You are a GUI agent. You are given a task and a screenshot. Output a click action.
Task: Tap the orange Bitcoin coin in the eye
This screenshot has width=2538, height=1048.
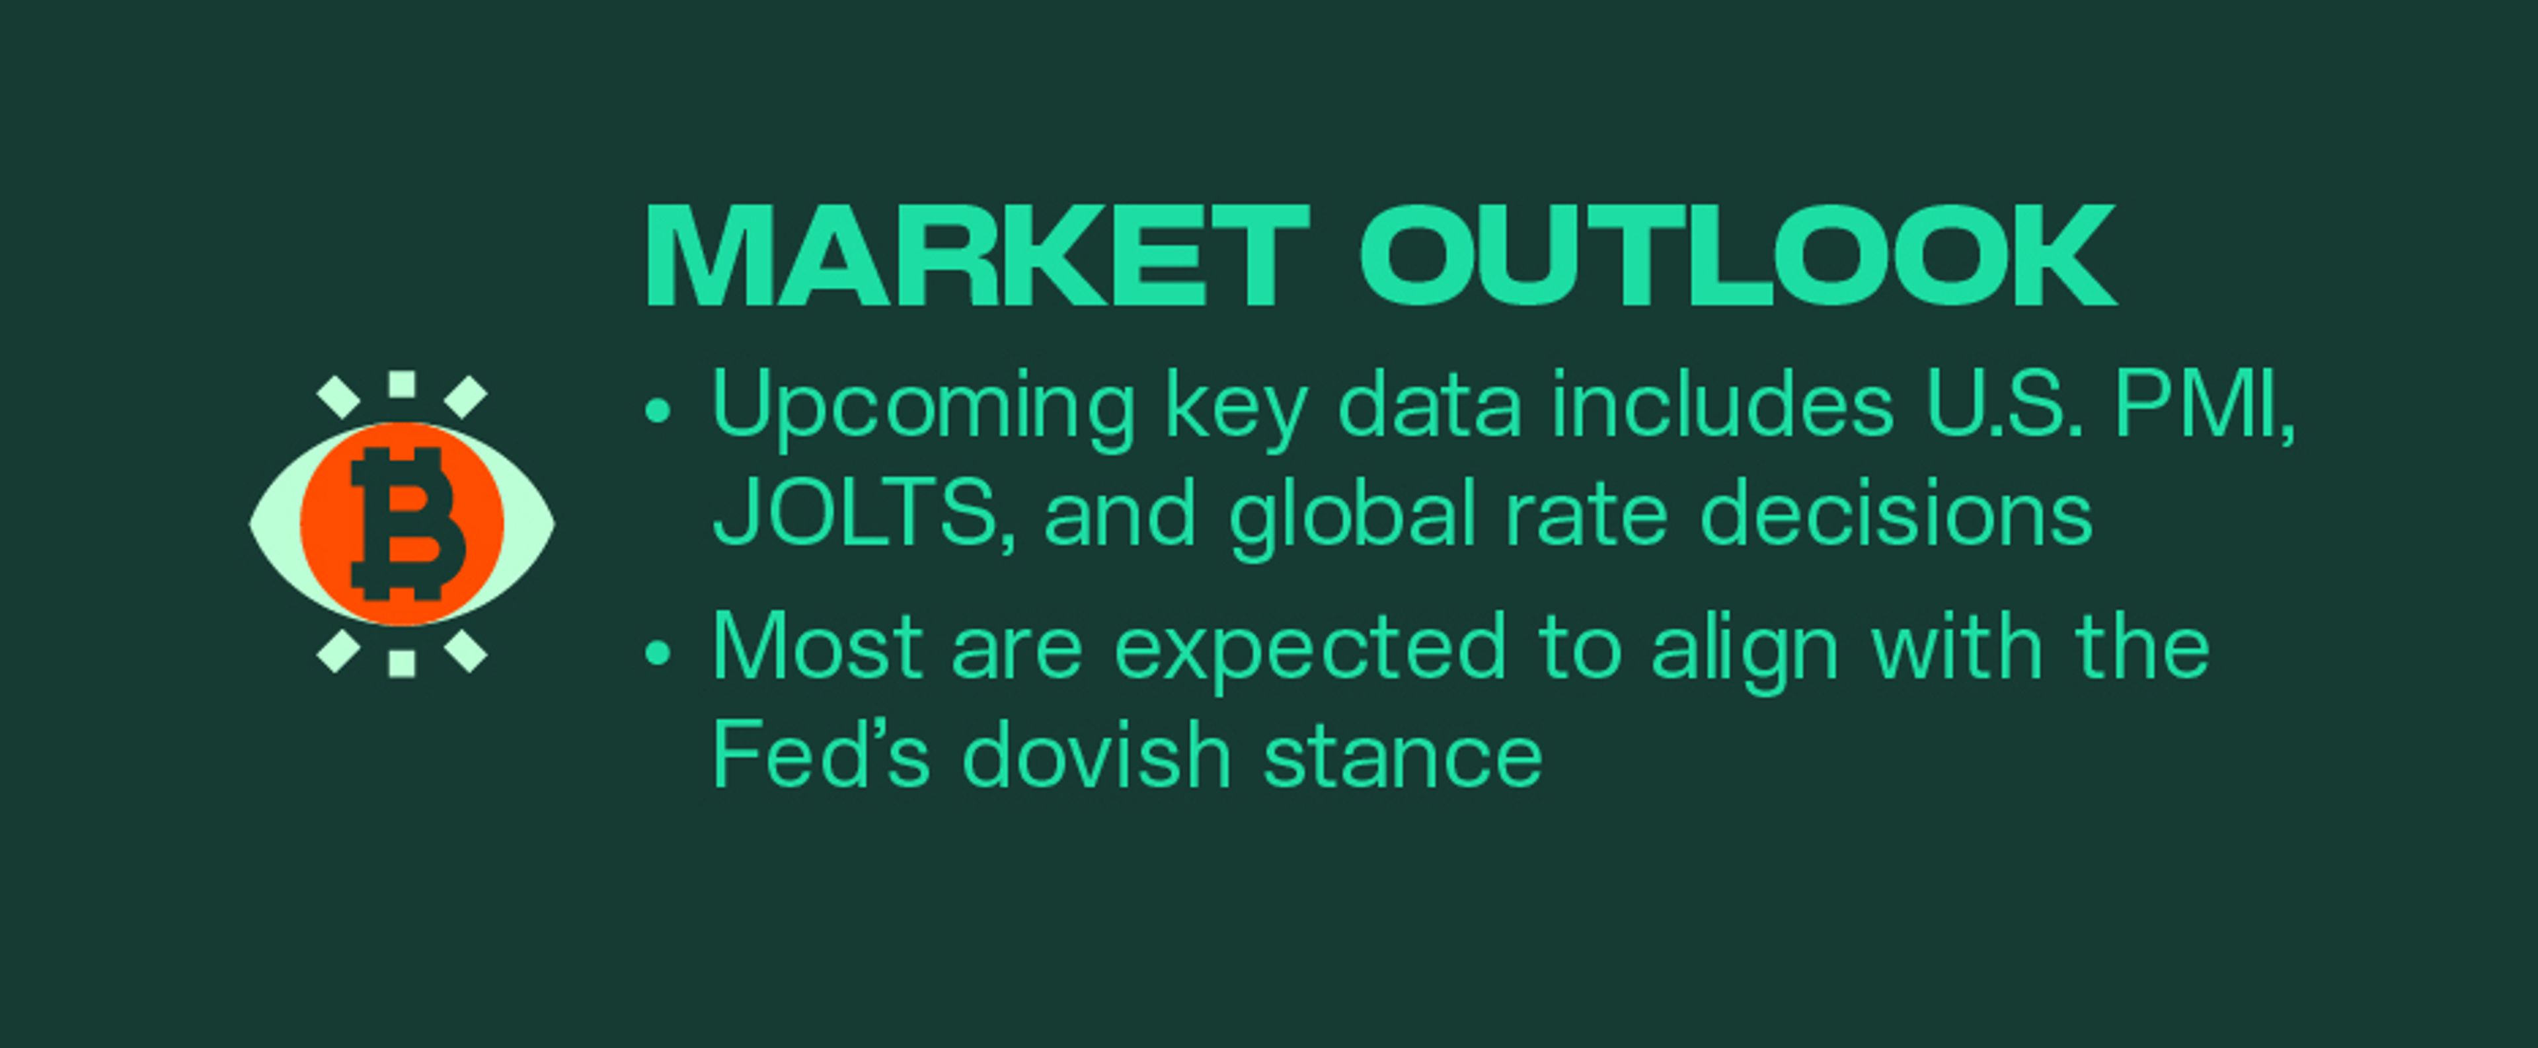coord(402,524)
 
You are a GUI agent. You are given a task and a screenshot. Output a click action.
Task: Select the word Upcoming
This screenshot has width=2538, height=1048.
coord(923,406)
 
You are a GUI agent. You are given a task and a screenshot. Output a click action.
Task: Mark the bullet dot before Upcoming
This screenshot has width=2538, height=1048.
coord(657,410)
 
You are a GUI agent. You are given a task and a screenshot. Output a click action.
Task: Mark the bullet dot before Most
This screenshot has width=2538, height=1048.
coord(657,652)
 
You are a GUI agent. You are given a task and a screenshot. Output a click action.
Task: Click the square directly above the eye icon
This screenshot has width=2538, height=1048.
coord(402,384)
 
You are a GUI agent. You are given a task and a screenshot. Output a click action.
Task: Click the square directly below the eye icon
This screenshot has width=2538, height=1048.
coord(402,663)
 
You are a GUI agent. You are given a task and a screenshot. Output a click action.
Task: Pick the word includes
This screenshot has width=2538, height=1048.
coord(1723,404)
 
